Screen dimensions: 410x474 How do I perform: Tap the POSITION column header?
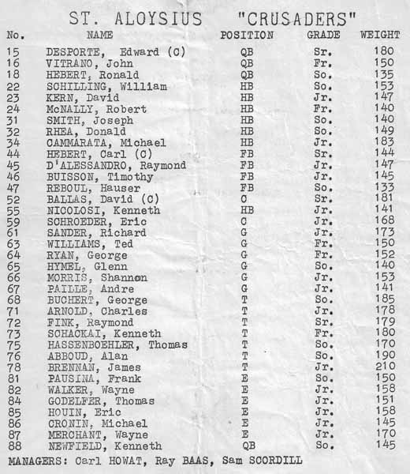point(247,36)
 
